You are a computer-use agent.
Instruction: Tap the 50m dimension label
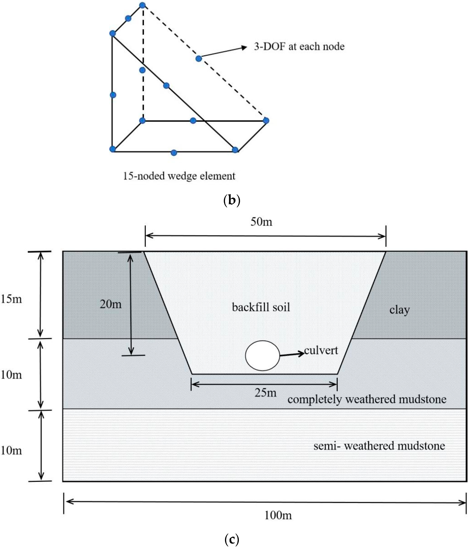261,222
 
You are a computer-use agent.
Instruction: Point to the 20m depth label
111,304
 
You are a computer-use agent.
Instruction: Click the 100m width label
278,515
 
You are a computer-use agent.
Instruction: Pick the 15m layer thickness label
11,299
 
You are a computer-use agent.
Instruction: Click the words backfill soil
261,307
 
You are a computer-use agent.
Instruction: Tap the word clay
399,310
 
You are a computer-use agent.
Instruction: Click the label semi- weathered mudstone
379,446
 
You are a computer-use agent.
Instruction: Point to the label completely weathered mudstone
367,399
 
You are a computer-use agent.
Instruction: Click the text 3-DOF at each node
299,47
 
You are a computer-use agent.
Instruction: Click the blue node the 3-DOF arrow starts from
199,59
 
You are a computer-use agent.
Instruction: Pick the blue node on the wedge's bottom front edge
174,153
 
